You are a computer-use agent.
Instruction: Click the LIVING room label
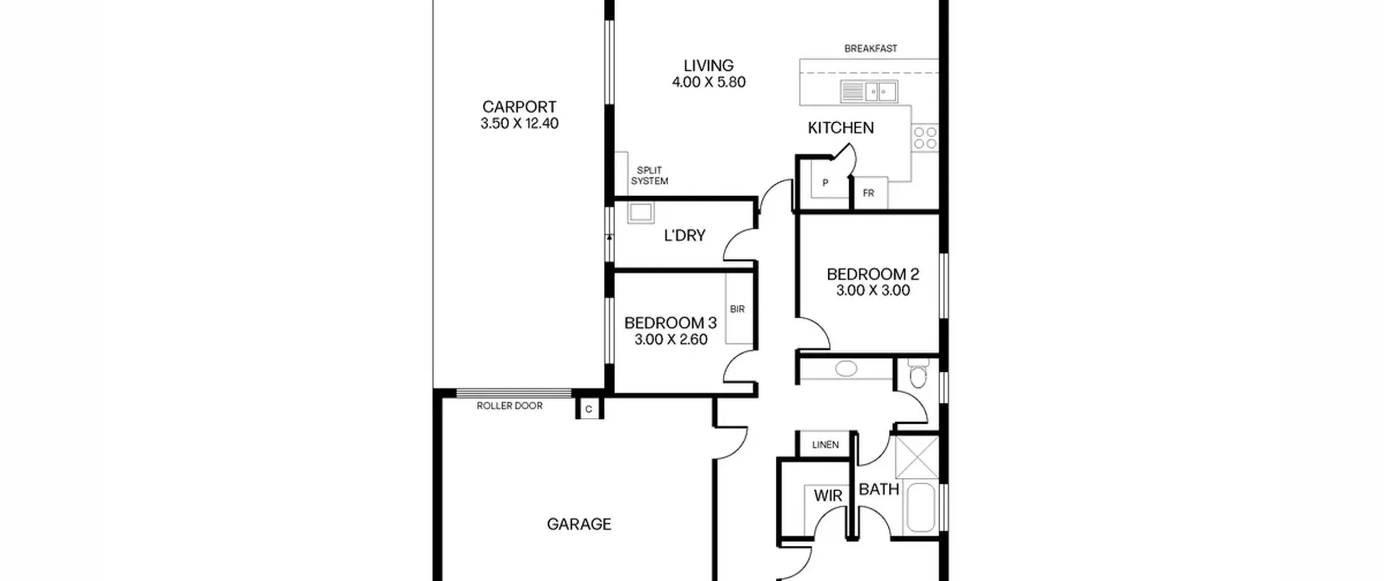click(x=708, y=65)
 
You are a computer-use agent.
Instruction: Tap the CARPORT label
click(x=519, y=106)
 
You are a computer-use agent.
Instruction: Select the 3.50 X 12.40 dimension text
click(x=519, y=123)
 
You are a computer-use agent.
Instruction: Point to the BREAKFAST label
click(x=870, y=49)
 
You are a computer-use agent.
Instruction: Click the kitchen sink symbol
click(x=868, y=91)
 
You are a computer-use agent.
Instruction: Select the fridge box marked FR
click(x=868, y=193)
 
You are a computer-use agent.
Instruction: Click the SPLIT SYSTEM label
click(x=649, y=176)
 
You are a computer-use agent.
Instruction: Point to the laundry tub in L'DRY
click(x=641, y=213)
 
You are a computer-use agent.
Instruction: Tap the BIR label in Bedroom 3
click(x=737, y=309)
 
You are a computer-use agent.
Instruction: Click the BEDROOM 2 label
click(x=873, y=275)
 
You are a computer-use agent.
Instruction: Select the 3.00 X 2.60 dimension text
click(x=670, y=339)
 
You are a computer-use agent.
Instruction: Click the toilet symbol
click(x=918, y=373)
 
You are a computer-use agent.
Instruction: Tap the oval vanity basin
click(x=846, y=369)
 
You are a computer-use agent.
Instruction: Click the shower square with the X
click(x=917, y=457)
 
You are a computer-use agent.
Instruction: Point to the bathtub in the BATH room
click(x=921, y=508)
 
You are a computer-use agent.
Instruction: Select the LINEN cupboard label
click(x=826, y=445)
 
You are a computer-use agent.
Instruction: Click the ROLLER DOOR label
click(x=509, y=406)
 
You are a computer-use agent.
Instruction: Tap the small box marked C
click(x=589, y=409)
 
